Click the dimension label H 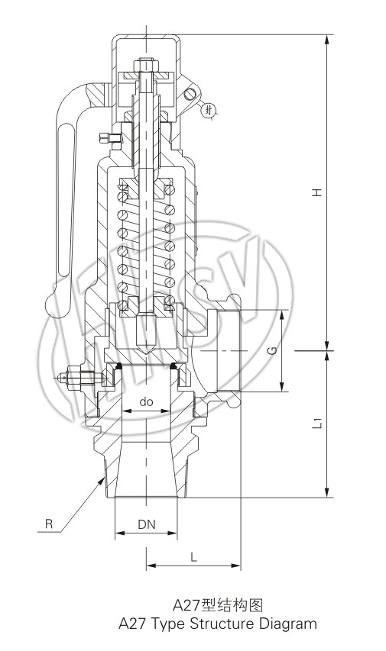pyautogui.click(x=318, y=192)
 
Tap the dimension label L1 pyautogui.click(x=318, y=423)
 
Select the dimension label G pyautogui.click(x=272, y=350)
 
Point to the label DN pyautogui.click(x=147, y=524)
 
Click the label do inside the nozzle pyautogui.click(x=146, y=401)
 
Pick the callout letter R pyautogui.click(x=49, y=524)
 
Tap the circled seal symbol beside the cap pyautogui.click(x=209, y=111)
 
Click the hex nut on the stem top pyautogui.click(x=146, y=65)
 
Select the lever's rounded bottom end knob pyautogui.click(x=55, y=305)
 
